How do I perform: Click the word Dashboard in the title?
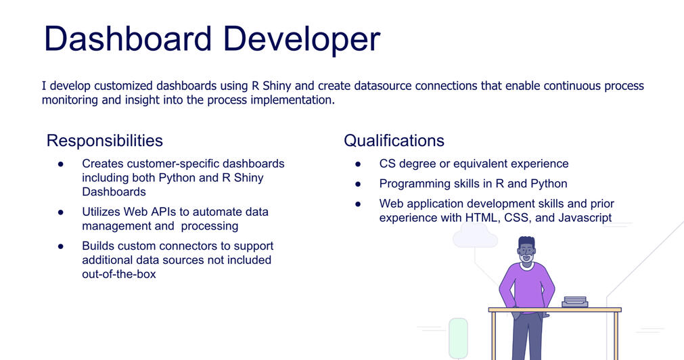click(x=128, y=39)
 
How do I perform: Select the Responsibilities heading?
click(x=105, y=141)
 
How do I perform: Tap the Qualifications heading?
click(x=394, y=141)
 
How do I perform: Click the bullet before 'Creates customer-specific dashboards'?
click(x=61, y=164)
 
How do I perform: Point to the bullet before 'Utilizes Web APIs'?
click(x=61, y=212)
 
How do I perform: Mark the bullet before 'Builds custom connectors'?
click(x=61, y=246)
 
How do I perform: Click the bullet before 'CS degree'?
click(x=358, y=164)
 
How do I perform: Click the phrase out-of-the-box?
click(x=119, y=274)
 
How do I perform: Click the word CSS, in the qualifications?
click(x=518, y=218)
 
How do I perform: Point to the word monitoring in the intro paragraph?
click(x=70, y=100)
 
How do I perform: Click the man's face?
click(x=526, y=252)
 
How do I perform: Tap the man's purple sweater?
click(x=526, y=286)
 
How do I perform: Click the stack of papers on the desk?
click(x=575, y=302)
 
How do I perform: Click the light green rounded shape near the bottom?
click(x=458, y=338)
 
